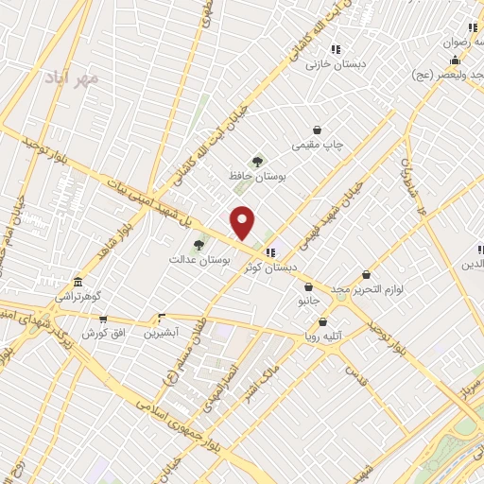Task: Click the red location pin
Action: coord(244,222)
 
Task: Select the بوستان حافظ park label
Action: coord(256,176)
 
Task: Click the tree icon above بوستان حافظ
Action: coord(256,161)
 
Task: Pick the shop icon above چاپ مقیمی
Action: coord(318,130)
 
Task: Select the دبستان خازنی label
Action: coord(335,65)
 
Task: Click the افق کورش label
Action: coord(102,334)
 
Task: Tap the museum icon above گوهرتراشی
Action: coord(78,282)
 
